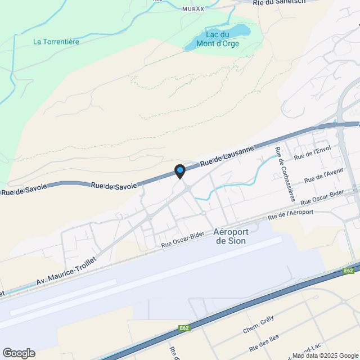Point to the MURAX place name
click(x=193, y=9)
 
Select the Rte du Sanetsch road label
click(x=279, y=2)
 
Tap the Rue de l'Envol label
click(x=312, y=152)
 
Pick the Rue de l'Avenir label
click(x=323, y=175)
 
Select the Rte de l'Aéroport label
click(x=291, y=214)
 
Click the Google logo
click(x=18, y=353)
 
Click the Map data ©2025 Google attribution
click(x=325, y=355)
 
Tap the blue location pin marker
click(x=180, y=170)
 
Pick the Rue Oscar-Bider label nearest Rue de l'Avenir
click(x=322, y=198)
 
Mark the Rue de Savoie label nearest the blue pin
click(x=114, y=185)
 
